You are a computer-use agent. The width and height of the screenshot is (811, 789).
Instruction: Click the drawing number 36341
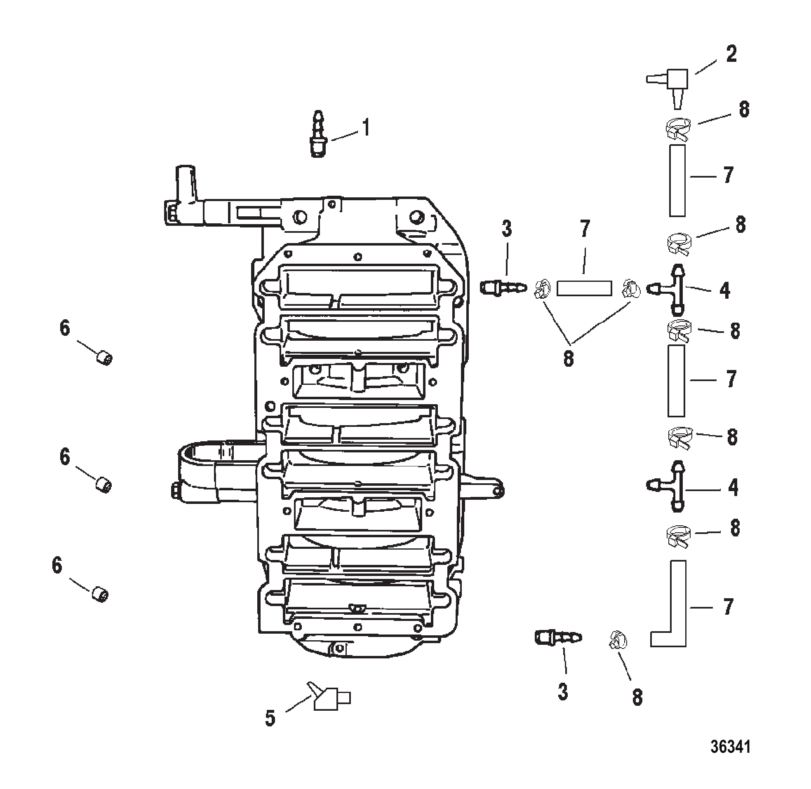(x=731, y=747)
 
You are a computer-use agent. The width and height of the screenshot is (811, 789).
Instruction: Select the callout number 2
(x=731, y=54)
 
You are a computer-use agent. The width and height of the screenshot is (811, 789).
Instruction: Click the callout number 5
(x=270, y=718)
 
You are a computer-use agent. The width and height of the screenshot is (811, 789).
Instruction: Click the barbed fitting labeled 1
(x=318, y=134)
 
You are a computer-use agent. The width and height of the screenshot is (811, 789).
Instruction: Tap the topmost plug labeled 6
(x=104, y=358)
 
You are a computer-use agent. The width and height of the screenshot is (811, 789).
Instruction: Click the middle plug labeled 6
(x=103, y=485)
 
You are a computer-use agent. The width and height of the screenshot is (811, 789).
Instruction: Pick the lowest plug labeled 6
(x=100, y=595)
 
